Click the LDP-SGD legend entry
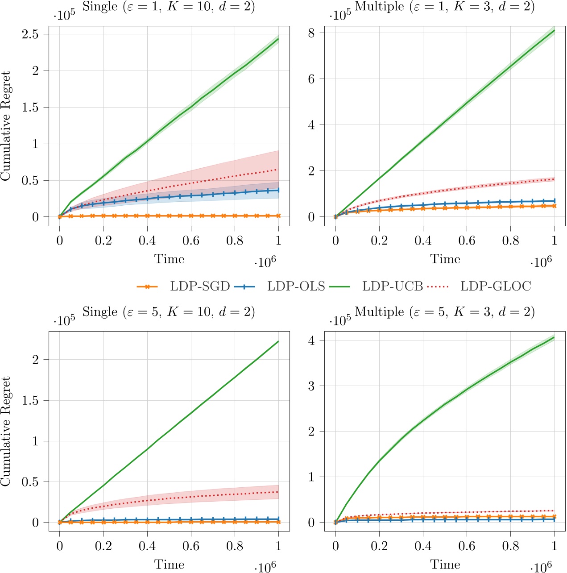199,286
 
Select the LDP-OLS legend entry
296,286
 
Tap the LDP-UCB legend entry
392,286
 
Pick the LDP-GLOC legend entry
495,286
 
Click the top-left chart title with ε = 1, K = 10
169,8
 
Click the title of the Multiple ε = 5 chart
444,312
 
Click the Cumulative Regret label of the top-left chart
6,126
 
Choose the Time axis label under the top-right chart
445,259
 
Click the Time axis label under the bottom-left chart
169,565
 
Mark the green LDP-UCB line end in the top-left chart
278,39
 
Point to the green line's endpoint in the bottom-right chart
554,337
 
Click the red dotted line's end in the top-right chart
554,179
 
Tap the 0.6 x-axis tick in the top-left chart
191,241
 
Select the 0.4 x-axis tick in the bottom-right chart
423,546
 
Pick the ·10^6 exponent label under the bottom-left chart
265,567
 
